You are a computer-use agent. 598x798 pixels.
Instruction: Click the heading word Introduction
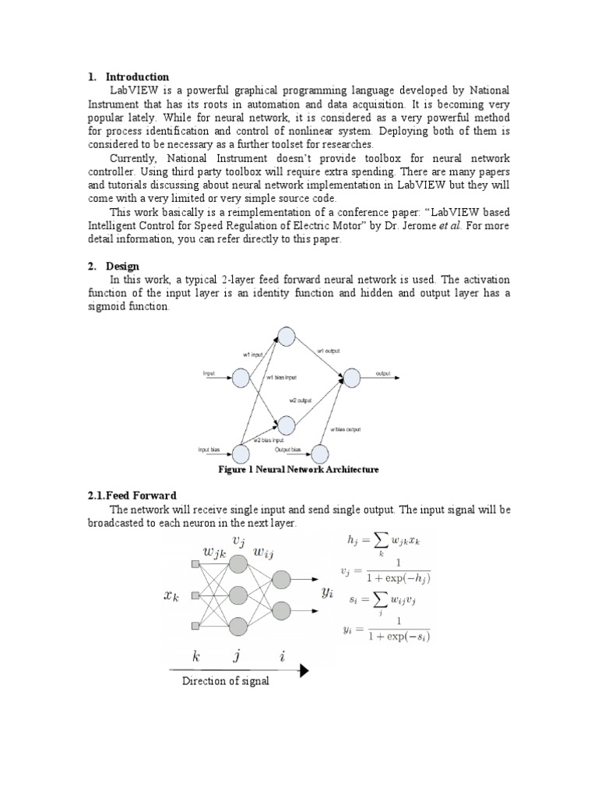tap(137, 77)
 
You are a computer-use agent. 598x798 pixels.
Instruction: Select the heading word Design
tap(123, 267)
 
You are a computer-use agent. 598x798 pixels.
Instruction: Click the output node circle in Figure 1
tap(351, 378)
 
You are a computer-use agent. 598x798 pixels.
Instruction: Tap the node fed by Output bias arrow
tap(319, 454)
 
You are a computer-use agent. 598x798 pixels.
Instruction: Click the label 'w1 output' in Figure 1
tap(328, 351)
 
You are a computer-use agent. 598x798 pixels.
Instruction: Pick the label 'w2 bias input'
tap(267, 440)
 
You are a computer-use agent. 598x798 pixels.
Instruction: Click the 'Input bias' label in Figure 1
tap(210, 450)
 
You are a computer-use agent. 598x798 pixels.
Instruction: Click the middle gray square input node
tap(195, 596)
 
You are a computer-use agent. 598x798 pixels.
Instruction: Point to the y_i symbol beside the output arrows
tap(328, 593)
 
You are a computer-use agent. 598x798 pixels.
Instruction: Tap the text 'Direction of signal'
tap(226, 681)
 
